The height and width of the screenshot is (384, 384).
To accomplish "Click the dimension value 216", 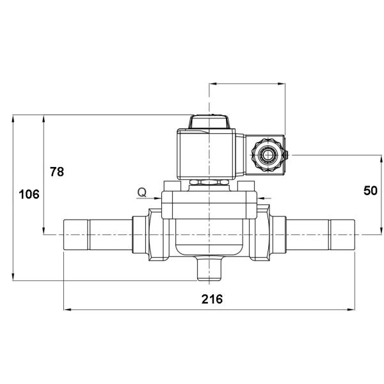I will [x=211, y=300].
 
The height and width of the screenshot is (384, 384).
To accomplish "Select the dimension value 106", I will [x=29, y=194].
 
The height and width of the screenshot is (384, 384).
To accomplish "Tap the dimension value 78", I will [x=57, y=172].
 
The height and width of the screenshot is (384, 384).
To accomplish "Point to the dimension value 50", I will [x=370, y=190].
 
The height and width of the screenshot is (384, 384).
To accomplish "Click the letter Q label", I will [x=142, y=191].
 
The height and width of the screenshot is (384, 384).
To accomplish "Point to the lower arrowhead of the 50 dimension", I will [x=381, y=231].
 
